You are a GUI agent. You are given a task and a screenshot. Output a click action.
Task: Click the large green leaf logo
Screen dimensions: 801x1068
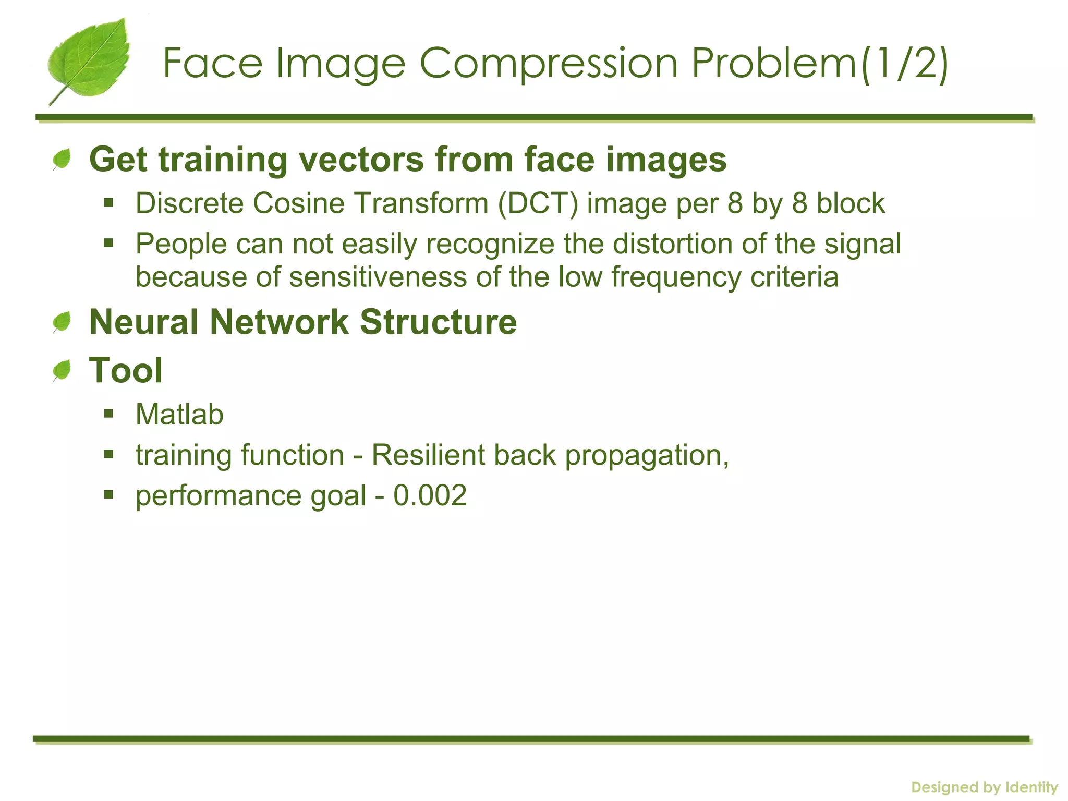point(89,60)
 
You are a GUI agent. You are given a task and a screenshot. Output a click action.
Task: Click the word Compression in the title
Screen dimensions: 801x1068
point(548,64)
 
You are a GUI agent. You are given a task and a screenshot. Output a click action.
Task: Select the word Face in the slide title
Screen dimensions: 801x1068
point(213,63)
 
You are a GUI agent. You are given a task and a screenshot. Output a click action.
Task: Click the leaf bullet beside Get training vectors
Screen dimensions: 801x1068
point(62,159)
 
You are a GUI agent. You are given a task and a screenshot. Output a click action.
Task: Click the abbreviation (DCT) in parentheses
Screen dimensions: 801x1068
point(538,203)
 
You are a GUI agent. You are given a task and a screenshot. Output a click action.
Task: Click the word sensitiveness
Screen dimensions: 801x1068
point(378,276)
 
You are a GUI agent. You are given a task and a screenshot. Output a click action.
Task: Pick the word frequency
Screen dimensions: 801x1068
point(676,277)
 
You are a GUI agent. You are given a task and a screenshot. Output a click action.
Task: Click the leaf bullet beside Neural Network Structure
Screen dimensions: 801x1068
point(62,322)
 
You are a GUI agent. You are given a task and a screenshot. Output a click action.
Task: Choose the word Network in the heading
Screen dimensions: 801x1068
point(278,322)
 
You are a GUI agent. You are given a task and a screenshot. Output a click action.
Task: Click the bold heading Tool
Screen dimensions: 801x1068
point(126,370)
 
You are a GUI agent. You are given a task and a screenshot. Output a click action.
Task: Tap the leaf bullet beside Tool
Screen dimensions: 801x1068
point(62,371)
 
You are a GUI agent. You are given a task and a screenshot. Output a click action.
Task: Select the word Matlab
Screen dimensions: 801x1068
point(179,415)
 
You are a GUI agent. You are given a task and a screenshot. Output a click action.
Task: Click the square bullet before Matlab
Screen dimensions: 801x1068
point(108,414)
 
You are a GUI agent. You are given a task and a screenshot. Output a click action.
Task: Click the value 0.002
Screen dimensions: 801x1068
point(430,495)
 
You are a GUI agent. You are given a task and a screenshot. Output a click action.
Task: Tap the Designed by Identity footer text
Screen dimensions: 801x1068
point(984,787)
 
